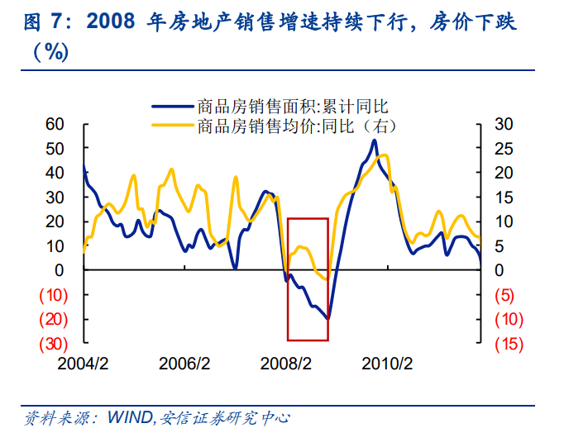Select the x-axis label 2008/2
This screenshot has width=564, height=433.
click(286, 364)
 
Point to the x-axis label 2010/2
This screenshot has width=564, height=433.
click(387, 364)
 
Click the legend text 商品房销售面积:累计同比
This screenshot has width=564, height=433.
click(293, 106)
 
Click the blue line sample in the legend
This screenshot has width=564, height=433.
click(173, 106)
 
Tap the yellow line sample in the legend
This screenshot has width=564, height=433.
click(173, 126)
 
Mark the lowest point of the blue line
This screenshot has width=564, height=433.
click(327, 318)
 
